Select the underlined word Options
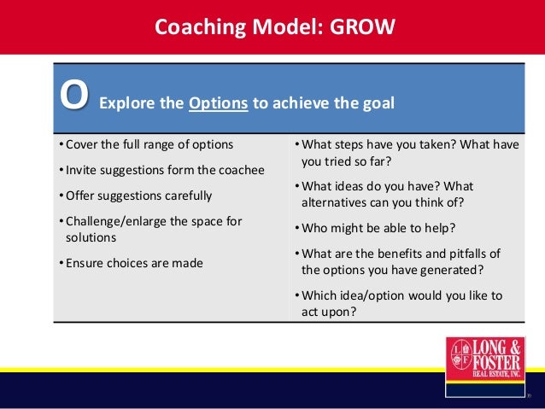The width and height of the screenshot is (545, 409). pos(218,104)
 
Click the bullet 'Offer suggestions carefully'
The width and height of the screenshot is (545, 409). pos(135,195)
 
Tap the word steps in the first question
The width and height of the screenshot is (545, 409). pos(351,143)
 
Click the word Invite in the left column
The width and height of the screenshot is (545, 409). pos(81,169)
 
